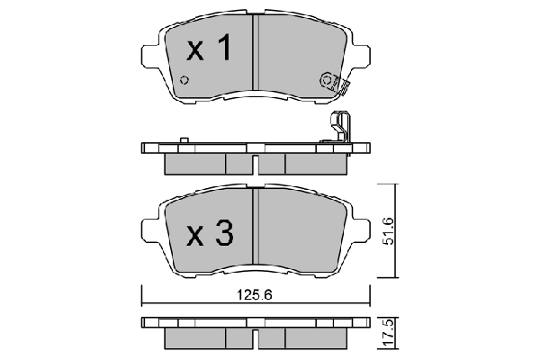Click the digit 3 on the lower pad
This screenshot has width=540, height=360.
pos(223,235)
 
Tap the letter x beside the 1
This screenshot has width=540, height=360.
pos(195,51)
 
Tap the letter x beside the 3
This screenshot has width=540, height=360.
pos(195,237)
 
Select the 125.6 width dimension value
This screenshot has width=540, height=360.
pos(254,294)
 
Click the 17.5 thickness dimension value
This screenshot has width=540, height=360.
pos(388,328)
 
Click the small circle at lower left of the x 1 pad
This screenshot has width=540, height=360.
pos(184,81)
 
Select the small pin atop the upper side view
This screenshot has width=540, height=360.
pos(183,139)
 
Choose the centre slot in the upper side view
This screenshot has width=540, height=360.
pos(256,164)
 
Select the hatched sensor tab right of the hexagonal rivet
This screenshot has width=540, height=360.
pos(342,86)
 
